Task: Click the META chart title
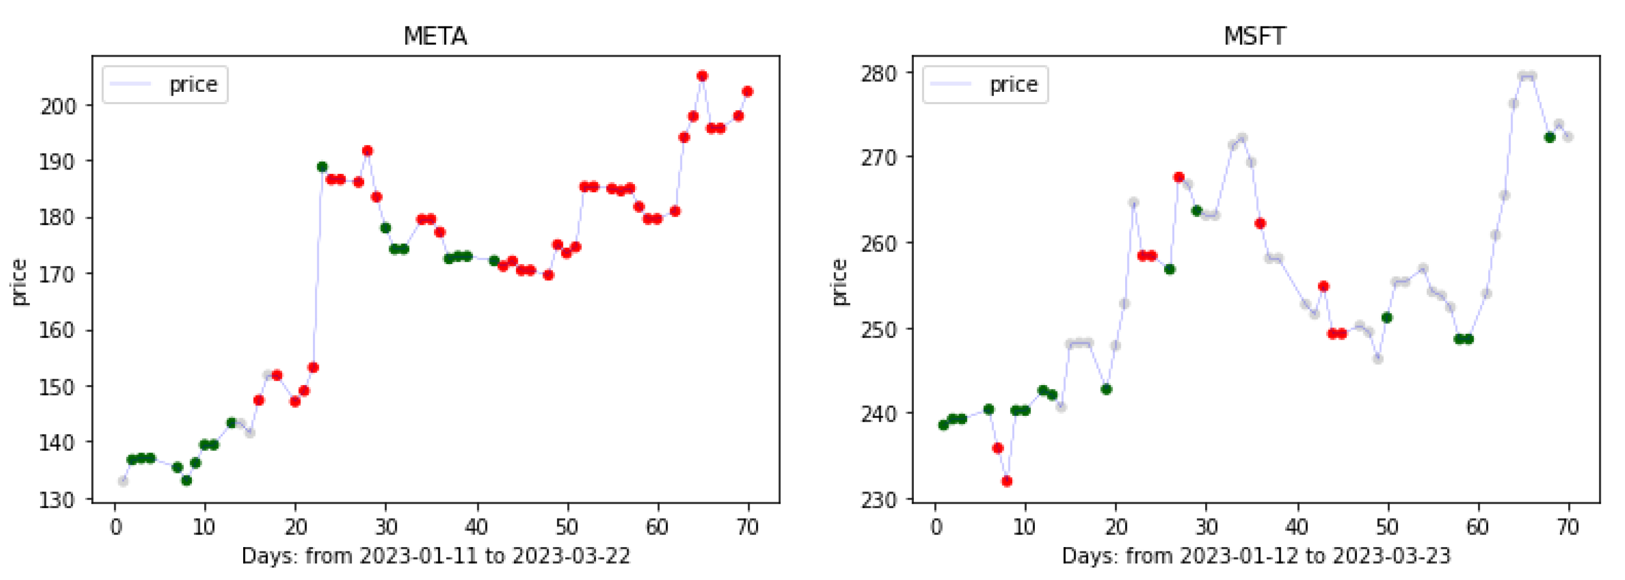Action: [435, 36]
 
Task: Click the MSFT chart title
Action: [1254, 36]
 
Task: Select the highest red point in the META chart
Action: [702, 76]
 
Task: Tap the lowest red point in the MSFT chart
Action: [1007, 482]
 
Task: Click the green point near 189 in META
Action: [322, 167]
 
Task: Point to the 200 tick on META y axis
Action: [58, 106]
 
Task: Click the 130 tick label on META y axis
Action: [58, 500]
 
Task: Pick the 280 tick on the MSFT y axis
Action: [879, 73]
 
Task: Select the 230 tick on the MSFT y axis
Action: [879, 500]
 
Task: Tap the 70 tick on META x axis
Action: [748, 527]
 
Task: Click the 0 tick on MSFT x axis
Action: [936, 527]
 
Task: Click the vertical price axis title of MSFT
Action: [839, 282]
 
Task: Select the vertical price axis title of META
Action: [19, 282]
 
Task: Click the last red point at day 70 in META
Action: [748, 92]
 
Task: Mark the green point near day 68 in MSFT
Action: [1550, 137]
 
